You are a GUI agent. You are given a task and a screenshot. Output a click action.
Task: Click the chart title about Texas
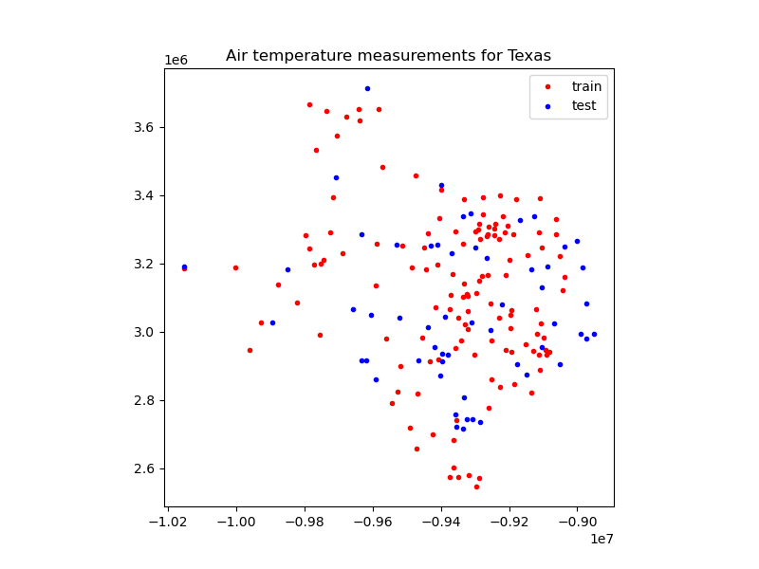[388, 56]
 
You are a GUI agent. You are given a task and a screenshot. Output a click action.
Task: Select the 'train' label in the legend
[586, 86]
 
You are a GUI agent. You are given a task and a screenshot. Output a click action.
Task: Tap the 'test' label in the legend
[583, 105]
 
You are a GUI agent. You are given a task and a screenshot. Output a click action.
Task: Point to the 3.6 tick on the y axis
[143, 127]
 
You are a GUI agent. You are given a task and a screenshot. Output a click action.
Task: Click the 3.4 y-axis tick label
[143, 195]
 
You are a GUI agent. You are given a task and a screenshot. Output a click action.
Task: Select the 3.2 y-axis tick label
[143, 264]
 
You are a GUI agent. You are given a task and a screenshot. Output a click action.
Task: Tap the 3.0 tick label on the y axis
[143, 332]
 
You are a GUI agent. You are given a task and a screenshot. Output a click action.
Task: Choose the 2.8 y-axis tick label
[143, 400]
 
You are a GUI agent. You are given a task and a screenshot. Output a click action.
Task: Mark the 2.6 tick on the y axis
[143, 468]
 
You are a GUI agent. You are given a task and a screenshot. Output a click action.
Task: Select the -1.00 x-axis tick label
[236, 521]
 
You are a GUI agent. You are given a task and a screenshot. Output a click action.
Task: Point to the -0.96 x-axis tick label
[373, 521]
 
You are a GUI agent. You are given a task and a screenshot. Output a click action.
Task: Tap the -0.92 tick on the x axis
[510, 521]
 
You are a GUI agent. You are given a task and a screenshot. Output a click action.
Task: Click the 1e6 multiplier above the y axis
[176, 61]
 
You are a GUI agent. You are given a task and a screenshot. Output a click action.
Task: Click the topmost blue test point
[367, 88]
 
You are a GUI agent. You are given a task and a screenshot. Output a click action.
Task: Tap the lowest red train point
[476, 486]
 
